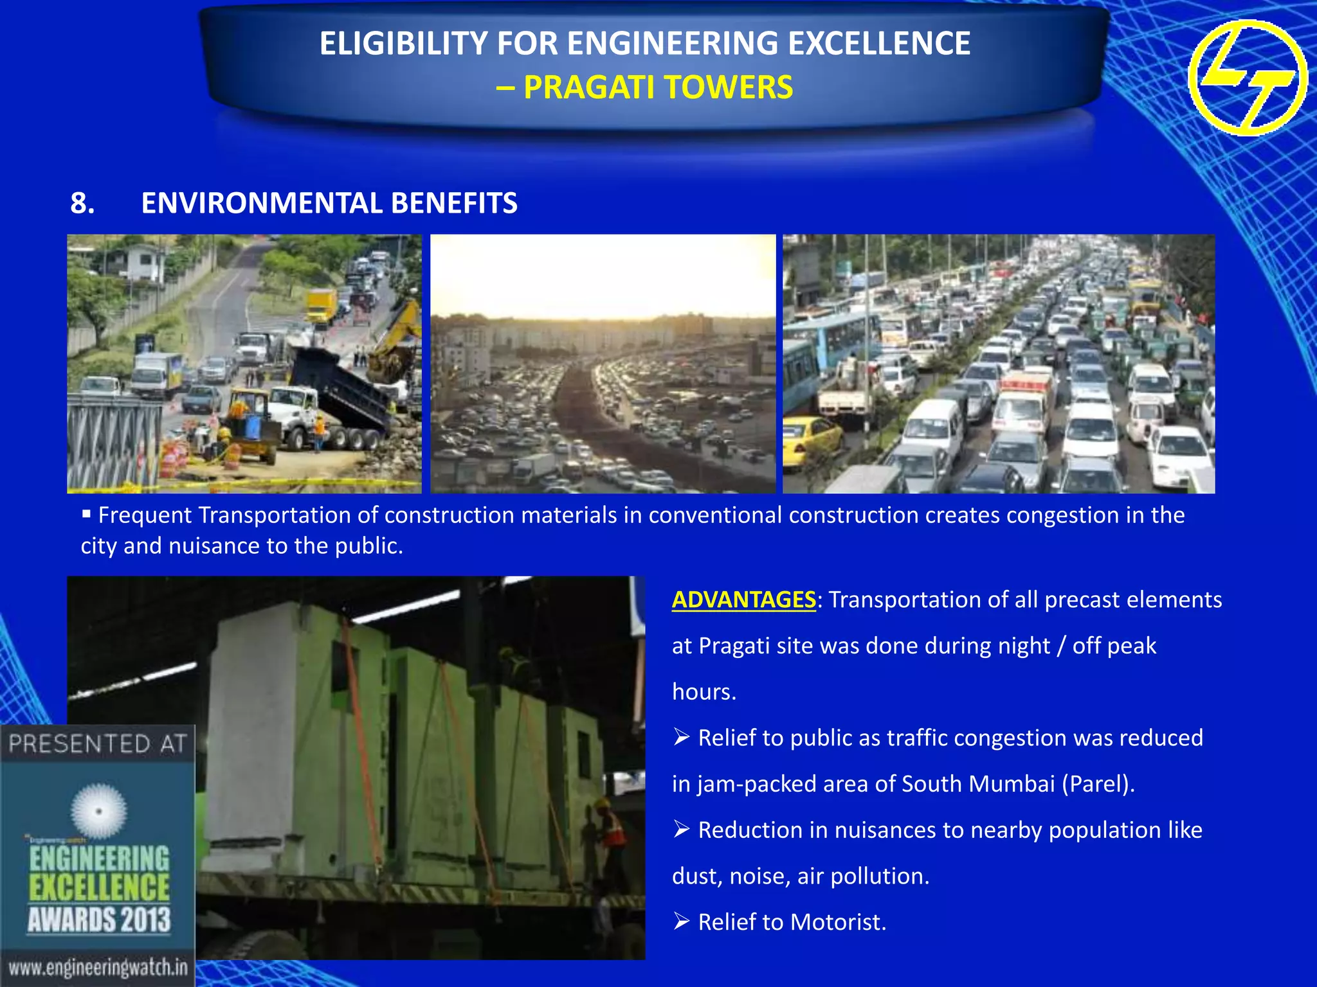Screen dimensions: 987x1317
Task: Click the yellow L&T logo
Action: (x=1247, y=78)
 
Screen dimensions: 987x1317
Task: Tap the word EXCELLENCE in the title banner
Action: (x=879, y=44)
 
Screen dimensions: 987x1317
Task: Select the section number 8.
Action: (x=82, y=203)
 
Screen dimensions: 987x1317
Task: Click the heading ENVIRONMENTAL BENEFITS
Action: (x=329, y=203)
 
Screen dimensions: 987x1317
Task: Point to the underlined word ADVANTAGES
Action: (x=743, y=600)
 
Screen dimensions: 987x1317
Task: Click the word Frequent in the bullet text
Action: (x=145, y=515)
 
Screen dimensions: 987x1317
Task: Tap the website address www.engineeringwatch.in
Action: (x=98, y=967)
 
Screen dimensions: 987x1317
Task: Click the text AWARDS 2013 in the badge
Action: (x=99, y=920)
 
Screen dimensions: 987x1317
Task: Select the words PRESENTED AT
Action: (x=98, y=743)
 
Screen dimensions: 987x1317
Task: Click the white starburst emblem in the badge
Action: (x=98, y=811)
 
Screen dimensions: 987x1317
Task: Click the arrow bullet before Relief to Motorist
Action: (x=682, y=921)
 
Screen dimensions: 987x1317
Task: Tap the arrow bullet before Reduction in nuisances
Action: (x=682, y=830)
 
